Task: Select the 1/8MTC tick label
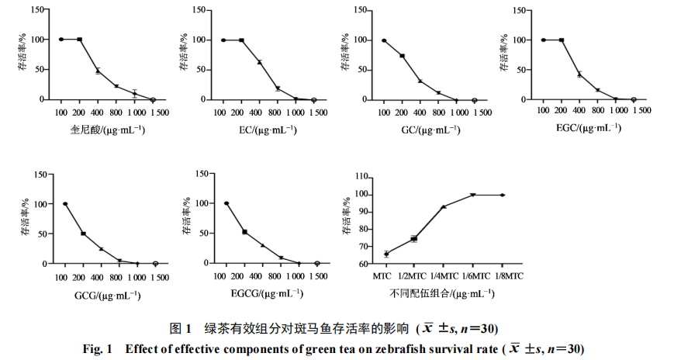(x=505, y=275)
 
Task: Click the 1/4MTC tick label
(x=444, y=275)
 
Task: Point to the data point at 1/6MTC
(x=472, y=195)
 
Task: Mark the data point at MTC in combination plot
(x=386, y=254)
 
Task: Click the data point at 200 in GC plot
(x=402, y=56)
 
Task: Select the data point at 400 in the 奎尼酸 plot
(x=98, y=71)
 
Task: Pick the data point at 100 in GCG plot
(x=65, y=204)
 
